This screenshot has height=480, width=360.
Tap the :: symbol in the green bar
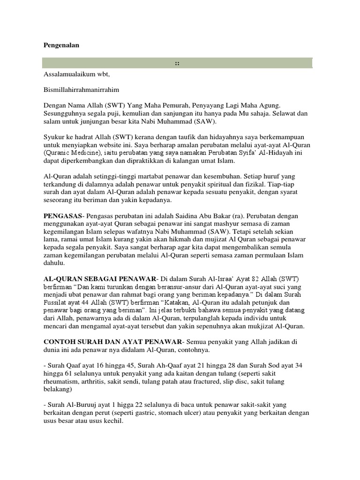click(x=177, y=62)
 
